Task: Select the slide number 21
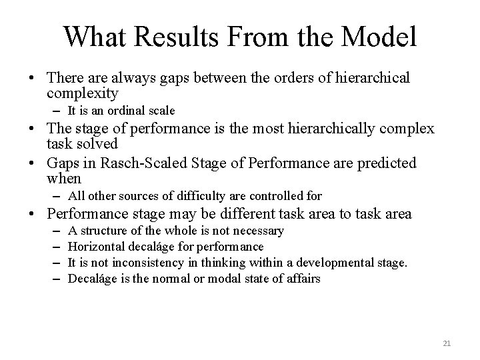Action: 447,343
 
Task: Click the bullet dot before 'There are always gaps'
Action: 32,79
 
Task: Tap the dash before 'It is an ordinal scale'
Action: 57,111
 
